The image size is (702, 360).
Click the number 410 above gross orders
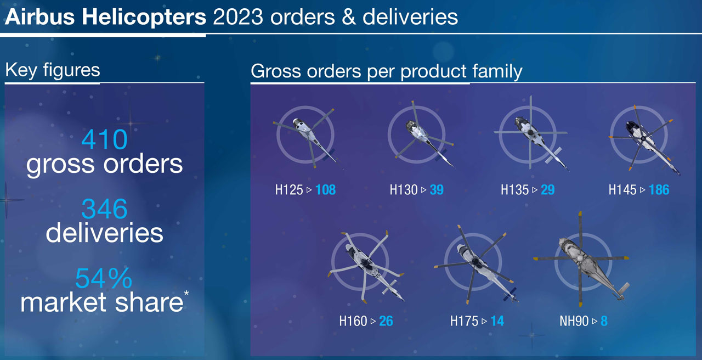click(x=104, y=139)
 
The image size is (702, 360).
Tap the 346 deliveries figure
click(x=104, y=209)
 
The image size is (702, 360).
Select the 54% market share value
click(x=104, y=278)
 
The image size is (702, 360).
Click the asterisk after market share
click(x=186, y=293)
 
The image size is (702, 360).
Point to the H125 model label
click(x=289, y=190)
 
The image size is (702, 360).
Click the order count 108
click(x=325, y=190)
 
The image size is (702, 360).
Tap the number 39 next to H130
click(x=437, y=190)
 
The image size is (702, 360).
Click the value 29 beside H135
click(x=547, y=190)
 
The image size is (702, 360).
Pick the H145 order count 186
click(x=659, y=190)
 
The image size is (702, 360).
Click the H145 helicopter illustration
click(x=644, y=139)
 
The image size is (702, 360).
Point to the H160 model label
click(x=353, y=321)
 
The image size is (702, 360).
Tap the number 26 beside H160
click(x=386, y=321)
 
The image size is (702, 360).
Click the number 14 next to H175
click(x=497, y=321)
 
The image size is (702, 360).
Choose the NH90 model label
click(x=574, y=321)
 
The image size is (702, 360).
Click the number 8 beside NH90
click(x=604, y=321)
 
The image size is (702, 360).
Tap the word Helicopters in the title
click(x=144, y=17)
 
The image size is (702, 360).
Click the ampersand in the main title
click(x=348, y=17)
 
